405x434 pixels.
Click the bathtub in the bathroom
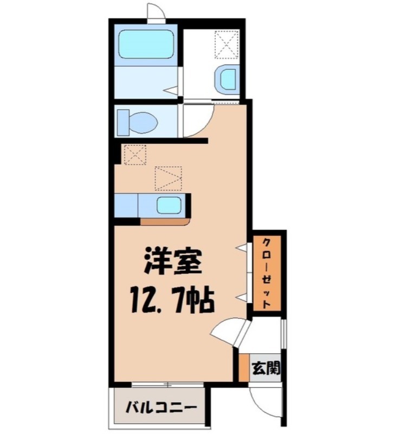tap(145, 45)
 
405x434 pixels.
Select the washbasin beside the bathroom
tap(226, 80)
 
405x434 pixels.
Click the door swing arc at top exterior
tap(155, 12)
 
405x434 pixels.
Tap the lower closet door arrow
tap(241, 297)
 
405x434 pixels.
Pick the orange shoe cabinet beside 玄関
tap(243, 368)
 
